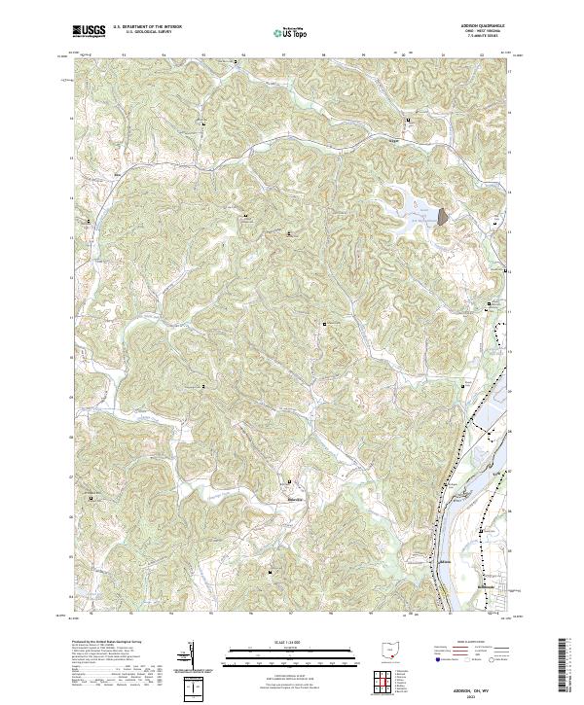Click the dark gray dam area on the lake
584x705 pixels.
[443, 217]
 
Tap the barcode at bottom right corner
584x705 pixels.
[563, 669]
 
